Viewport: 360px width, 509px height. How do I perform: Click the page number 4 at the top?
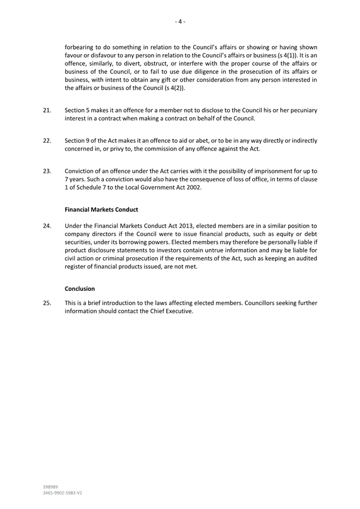[x=180, y=22]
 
